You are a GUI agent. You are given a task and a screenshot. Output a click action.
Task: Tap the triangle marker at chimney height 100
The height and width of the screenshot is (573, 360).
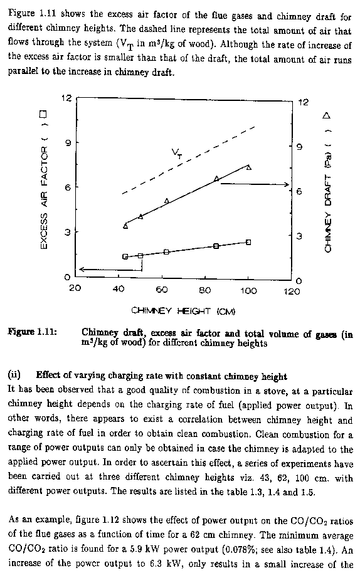pos(249,167)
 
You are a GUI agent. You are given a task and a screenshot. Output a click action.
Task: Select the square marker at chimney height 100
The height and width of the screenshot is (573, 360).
pos(248,242)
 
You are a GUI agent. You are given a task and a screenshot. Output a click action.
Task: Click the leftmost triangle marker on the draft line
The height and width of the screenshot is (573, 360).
pos(125,226)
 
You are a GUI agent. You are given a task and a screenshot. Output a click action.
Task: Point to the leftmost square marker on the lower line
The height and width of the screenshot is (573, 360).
pos(125,256)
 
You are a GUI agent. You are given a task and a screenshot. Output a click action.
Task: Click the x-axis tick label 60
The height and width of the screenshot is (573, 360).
pos(162,290)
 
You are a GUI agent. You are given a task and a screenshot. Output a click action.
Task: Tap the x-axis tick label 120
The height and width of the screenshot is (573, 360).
pos(292,292)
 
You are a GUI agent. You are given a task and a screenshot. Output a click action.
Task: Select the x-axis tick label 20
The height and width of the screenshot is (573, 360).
pos(75,288)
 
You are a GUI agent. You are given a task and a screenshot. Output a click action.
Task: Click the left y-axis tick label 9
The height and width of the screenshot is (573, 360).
pos(67,142)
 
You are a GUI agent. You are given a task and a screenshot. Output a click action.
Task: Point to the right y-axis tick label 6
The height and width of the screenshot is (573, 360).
pos(299,191)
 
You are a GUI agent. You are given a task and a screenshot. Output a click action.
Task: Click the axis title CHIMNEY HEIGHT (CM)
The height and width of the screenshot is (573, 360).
pos(183,311)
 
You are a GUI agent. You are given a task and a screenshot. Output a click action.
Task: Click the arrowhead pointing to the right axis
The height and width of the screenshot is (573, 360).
pos(287,184)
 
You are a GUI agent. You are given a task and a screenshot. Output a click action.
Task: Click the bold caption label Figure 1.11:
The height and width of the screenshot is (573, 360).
pos(32,332)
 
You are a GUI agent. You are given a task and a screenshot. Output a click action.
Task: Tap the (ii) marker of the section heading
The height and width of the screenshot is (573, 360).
pos(14,375)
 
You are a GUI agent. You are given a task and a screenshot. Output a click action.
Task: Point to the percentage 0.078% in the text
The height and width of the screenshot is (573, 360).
pos(243,549)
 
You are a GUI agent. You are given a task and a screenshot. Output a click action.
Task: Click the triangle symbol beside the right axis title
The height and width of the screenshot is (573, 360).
pos(326,116)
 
